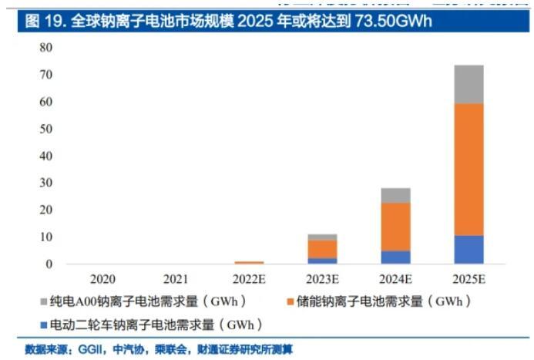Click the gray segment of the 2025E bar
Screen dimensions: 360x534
[468, 84]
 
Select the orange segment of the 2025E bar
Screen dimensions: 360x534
[468, 169]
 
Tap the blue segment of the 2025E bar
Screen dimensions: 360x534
[468, 249]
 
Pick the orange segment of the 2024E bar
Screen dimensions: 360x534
[395, 227]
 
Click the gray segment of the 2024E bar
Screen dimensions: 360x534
[395, 195]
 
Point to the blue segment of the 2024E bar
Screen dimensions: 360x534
[395, 257]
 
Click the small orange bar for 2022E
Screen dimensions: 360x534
[248, 263]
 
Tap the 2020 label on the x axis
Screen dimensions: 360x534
[102, 277]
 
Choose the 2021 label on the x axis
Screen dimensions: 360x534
[176, 277]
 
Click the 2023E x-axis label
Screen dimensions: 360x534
[321, 277]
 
